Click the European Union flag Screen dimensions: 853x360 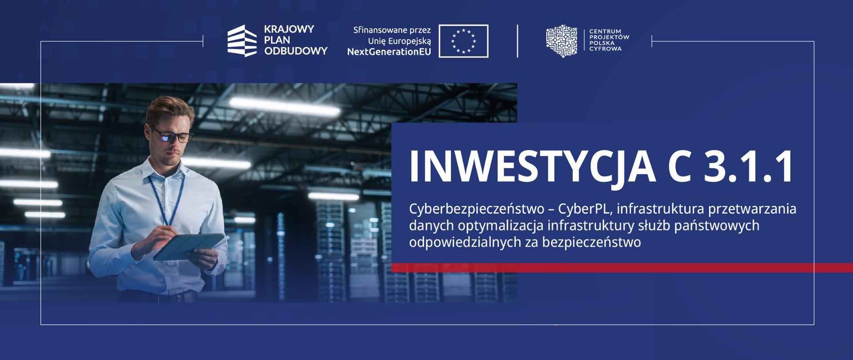pos(463,41)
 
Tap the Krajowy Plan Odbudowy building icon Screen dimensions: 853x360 pos(242,41)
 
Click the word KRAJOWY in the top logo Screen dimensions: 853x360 pos(289,29)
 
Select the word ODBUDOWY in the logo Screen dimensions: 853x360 pos(296,51)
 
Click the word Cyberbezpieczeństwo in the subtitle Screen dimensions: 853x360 pos(477,209)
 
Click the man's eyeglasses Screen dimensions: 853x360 pos(173,135)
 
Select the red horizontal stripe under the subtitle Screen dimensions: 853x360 pos(622,268)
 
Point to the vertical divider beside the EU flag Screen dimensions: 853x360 pos(518,41)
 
